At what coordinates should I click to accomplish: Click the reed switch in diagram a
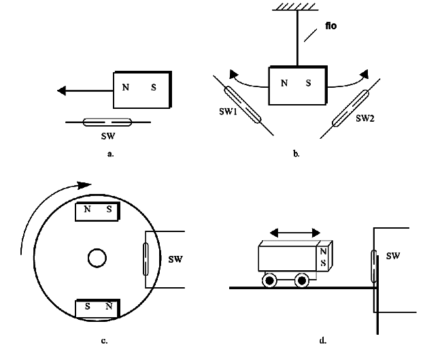click(107, 122)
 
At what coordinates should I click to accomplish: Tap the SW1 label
click(228, 112)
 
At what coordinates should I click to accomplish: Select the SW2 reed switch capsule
click(350, 108)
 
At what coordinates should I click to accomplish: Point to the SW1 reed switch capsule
click(243, 105)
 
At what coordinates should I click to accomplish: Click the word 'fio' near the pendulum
click(331, 26)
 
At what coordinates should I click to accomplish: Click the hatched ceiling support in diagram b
click(295, 7)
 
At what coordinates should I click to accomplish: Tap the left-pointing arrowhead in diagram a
click(61, 91)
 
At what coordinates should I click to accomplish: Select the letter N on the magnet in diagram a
click(126, 87)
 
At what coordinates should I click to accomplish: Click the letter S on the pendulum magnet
click(309, 83)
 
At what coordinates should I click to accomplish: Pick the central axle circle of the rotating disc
click(97, 258)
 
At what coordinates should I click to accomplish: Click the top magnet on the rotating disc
click(97, 212)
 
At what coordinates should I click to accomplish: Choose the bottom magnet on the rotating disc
click(97, 308)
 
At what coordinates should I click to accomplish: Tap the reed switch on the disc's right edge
click(146, 259)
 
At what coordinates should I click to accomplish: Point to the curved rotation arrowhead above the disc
click(84, 185)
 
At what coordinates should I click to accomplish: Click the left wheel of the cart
click(270, 280)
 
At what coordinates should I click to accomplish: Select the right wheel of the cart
click(302, 280)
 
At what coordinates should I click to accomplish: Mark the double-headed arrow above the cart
click(295, 233)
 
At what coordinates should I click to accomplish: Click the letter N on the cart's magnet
click(323, 252)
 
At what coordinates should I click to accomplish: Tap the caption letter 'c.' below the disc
click(104, 341)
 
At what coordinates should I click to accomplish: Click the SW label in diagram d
click(393, 256)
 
